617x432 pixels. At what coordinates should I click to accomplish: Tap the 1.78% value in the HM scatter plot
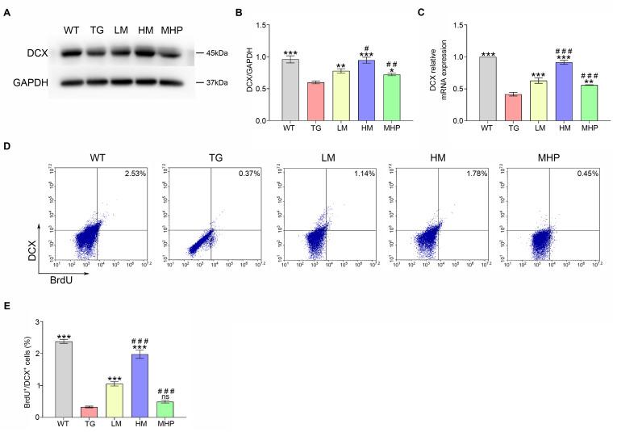479,173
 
